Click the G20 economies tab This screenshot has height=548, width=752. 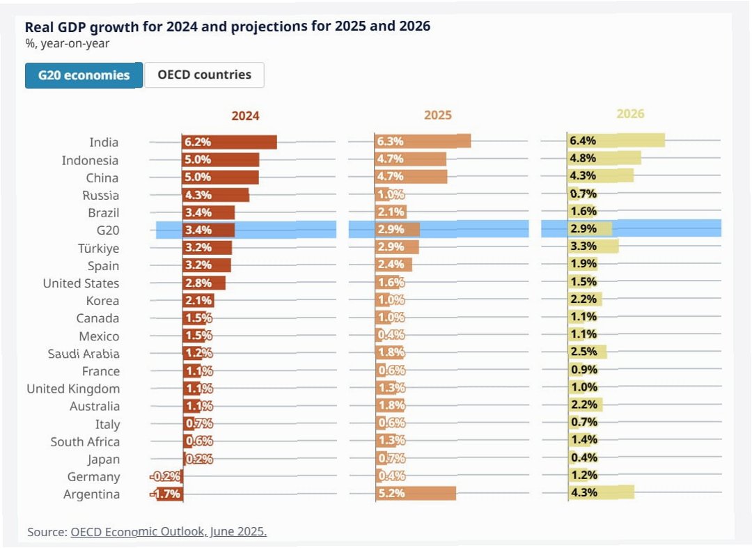tap(84, 75)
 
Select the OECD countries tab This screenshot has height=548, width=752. tap(204, 75)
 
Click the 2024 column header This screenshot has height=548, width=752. tap(245, 116)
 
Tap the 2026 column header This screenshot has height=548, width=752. tap(630, 113)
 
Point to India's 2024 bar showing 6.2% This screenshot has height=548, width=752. tap(230, 142)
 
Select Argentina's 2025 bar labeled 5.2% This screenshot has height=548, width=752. tap(416, 493)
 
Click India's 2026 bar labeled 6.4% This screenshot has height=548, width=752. tap(616, 141)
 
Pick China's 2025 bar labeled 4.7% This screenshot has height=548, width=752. tap(411, 176)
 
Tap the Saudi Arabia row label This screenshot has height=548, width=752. tap(84, 354)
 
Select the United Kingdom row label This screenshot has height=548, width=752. tap(73, 389)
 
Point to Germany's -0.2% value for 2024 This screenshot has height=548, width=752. tap(167, 477)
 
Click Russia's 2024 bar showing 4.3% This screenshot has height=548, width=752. tap(215, 195)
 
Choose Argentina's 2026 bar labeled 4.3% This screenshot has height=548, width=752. tap(600, 492)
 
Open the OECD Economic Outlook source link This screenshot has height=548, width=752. tap(169, 531)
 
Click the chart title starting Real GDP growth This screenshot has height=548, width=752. tap(228, 26)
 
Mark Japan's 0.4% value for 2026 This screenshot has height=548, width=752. tap(583, 457)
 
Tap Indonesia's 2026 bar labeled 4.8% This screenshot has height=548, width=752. tap(604, 158)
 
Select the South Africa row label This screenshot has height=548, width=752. tap(85, 441)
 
